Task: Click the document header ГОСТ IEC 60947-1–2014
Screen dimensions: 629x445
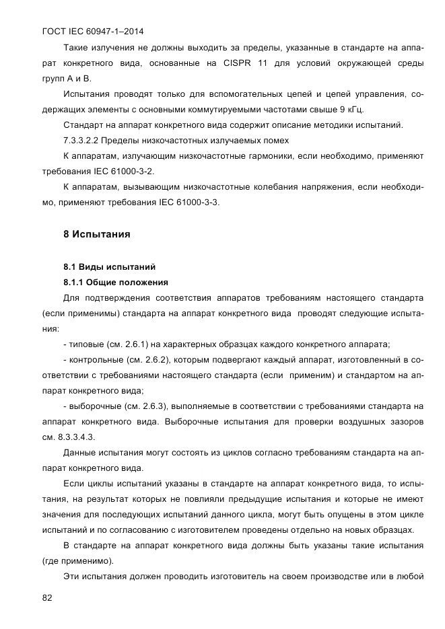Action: (93, 32)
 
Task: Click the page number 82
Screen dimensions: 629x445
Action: (47, 597)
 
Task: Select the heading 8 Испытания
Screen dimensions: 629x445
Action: (96, 235)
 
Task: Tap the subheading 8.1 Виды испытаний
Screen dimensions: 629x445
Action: (109, 266)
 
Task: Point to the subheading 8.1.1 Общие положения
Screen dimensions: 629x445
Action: (115, 282)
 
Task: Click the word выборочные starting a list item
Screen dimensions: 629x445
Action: (93, 406)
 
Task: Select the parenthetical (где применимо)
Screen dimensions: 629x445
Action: (77, 560)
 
